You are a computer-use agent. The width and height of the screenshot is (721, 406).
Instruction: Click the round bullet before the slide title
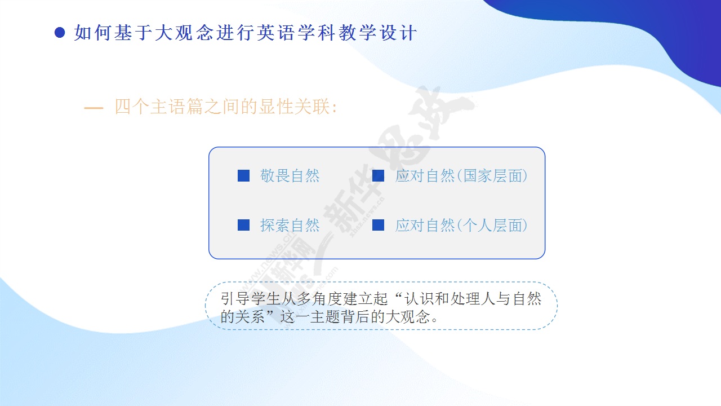60,33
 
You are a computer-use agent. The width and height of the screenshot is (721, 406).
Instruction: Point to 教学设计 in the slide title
378,33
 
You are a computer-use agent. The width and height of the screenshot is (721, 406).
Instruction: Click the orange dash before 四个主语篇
94,108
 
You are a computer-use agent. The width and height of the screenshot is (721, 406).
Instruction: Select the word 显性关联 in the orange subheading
295,107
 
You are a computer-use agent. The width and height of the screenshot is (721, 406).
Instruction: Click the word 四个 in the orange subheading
132,107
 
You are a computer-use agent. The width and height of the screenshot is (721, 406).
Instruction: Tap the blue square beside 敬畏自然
244,175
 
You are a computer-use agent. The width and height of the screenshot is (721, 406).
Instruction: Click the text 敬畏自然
290,176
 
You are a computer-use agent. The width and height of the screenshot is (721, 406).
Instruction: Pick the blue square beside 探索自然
244,225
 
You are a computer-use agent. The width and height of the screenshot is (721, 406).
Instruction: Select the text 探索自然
290,225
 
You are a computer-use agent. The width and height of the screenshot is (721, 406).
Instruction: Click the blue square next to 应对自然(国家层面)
378,175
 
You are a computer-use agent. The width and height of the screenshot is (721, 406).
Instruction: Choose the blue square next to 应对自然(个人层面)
378,225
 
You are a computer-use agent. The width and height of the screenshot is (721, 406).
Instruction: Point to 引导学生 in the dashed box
250,299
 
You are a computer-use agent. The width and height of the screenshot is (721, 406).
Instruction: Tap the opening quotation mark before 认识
396,295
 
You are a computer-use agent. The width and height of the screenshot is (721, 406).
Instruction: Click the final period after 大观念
434,321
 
